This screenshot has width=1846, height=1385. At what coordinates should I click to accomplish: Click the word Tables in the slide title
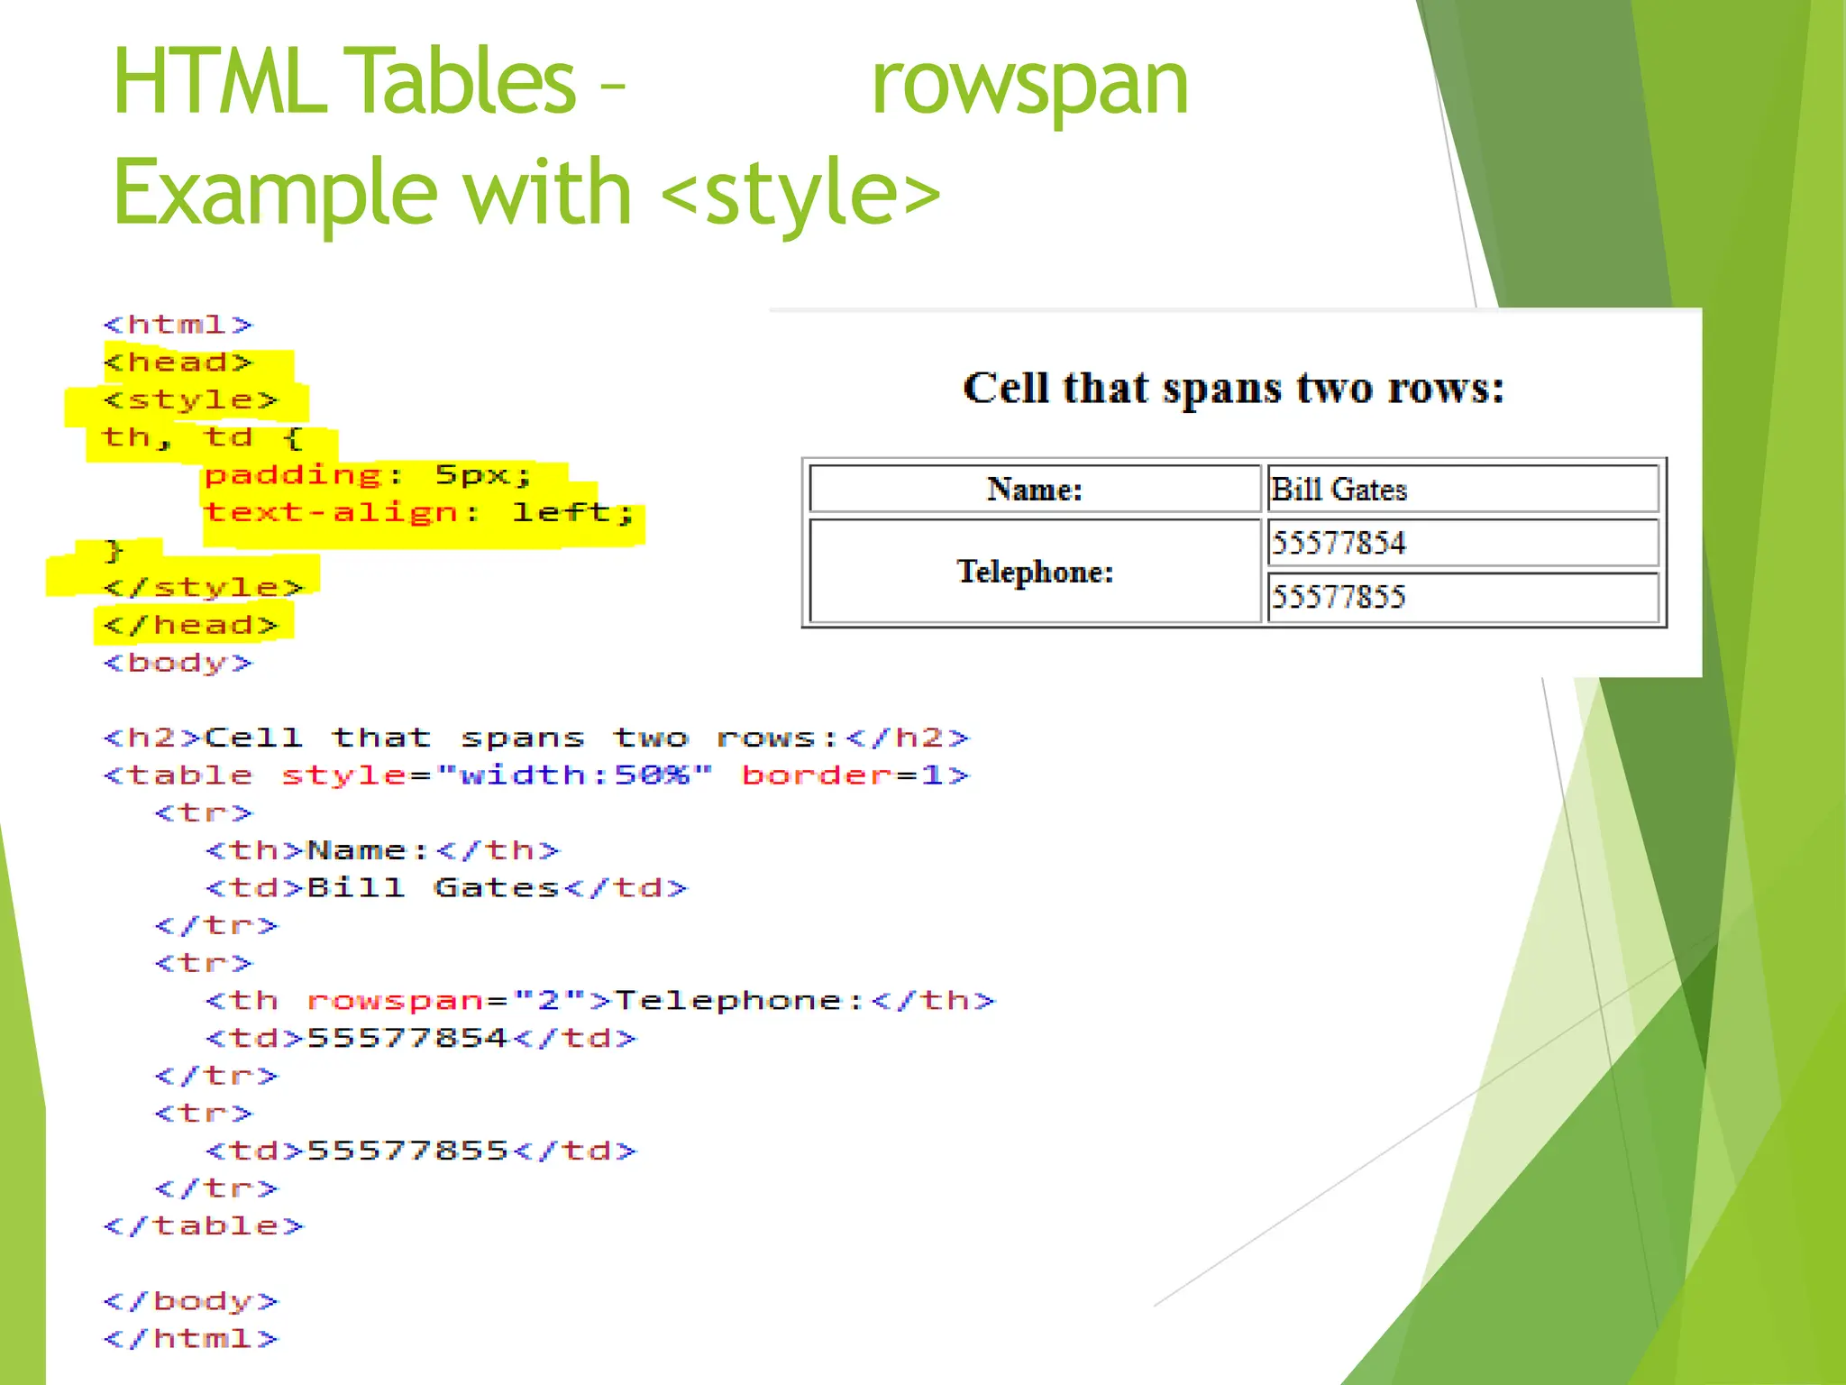click(460, 83)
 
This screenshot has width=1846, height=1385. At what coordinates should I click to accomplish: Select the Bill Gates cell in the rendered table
click(1462, 490)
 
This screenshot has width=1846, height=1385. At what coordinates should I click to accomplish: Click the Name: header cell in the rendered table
click(1035, 490)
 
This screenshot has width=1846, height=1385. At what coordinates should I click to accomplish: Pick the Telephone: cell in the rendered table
click(1035, 572)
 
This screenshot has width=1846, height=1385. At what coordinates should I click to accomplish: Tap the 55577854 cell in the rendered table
click(1462, 543)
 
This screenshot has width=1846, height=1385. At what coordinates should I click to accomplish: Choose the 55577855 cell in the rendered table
click(1462, 597)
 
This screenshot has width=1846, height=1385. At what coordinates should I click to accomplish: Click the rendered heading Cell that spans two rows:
click(1233, 389)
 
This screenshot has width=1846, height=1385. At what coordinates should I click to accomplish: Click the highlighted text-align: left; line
click(420, 513)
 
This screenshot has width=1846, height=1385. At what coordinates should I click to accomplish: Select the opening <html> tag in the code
click(178, 325)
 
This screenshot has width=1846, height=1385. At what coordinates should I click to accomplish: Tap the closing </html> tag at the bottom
click(191, 1339)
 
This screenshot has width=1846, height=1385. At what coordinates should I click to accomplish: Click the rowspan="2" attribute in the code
click(434, 1001)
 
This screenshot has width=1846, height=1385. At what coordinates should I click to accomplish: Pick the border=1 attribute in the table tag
click(854, 775)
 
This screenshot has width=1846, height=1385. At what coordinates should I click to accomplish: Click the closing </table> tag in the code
click(204, 1226)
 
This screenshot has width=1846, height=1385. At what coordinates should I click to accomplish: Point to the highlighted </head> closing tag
click(191, 625)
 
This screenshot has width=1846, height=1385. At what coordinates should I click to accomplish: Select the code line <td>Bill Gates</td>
click(446, 888)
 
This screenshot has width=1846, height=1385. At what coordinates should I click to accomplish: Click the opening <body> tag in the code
click(178, 663)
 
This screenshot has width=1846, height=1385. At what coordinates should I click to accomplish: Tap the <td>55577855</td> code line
click(421, 1151)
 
